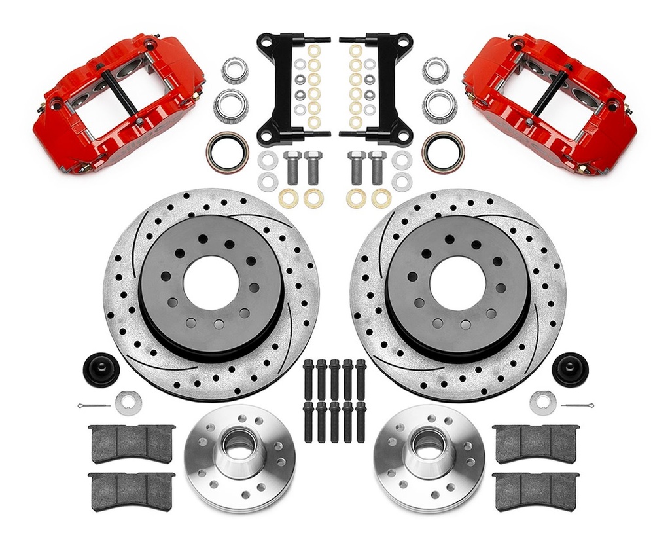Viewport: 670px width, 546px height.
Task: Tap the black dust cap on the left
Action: pos(101,369)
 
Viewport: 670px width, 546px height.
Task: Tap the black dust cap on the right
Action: pos(570,369)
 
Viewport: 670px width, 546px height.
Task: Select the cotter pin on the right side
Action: pos(577,405)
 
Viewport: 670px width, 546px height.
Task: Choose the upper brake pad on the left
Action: pos(132,443)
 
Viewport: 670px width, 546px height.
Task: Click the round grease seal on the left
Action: pos(227,152)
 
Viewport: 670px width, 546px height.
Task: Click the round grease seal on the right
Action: pos(443,152)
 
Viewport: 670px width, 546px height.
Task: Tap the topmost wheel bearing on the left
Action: pos(235,70)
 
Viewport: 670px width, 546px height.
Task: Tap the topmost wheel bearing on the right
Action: pos(436,70)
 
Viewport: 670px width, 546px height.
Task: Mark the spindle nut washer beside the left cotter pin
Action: pos(128,403)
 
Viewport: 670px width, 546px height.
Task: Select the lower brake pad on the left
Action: pos(132,490)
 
